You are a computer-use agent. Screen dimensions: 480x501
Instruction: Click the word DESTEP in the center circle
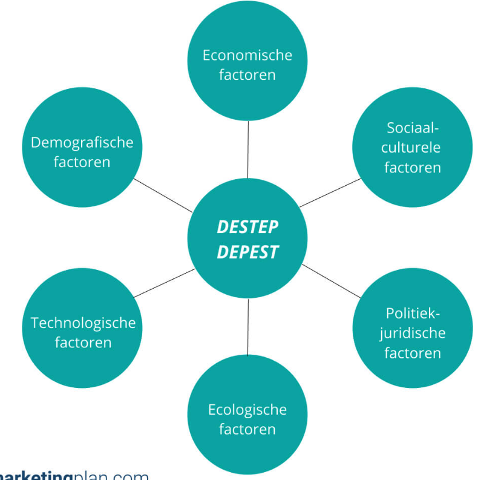click(x=247, y=228)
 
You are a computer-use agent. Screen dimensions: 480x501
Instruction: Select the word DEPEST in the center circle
click(x=247, y=252)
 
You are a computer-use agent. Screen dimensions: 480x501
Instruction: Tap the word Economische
click(x=247, y=55)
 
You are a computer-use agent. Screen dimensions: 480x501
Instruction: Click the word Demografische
click(x=82, y=142)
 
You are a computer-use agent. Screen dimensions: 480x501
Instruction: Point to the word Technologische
click(x=83, y=323)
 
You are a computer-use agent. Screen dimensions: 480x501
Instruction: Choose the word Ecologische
click(x=247, y=410)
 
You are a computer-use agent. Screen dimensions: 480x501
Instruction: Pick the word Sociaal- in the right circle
click(x=412, y=128)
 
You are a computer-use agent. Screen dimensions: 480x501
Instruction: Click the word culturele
click(x=412, y=148)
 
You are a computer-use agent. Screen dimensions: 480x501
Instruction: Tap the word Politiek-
click(x=412, y=313)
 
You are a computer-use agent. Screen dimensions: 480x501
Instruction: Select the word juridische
click(x=412, y=333)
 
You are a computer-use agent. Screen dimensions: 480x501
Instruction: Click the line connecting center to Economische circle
click(x=248, y=149)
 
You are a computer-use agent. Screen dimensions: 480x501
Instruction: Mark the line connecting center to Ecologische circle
click(x=248, y=327)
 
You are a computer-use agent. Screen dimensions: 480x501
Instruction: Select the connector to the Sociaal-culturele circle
click(x=330, y=193)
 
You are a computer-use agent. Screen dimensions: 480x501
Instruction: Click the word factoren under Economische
click(x=247, y=75)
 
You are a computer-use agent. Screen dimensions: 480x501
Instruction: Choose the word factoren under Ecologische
click(x=247, y=430)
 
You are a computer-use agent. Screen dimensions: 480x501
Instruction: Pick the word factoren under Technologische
click(x=83, y=343)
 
